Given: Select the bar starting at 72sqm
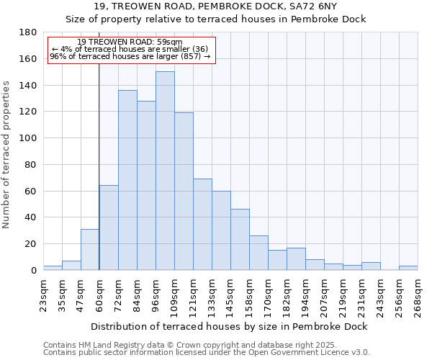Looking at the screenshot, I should (127, 180).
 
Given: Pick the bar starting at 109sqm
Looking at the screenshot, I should (184, 191).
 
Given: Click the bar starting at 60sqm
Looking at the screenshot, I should (109, 228).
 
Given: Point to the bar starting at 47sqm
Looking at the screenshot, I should (90, 249).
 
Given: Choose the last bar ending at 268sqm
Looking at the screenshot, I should (408, 268).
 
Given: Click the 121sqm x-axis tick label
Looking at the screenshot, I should (193, 295).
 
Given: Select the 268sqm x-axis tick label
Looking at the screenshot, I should (418, 295).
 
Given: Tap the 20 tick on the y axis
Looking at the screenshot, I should (31, 244).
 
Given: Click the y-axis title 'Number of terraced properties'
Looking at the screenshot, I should (6, 155).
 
